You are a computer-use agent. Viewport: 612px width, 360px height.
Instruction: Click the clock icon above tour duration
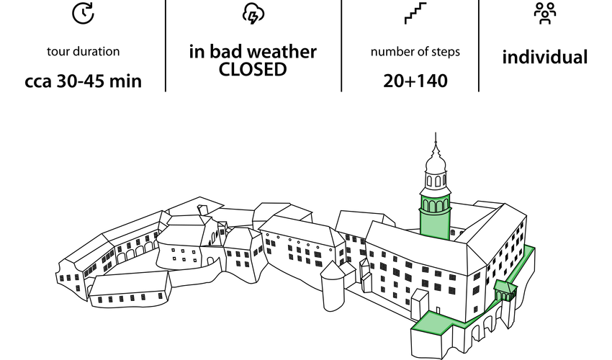(x=83, y=12)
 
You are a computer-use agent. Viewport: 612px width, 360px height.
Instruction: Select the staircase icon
(x=415, y=13)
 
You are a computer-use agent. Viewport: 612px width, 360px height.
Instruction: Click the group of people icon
(x=545, y=12)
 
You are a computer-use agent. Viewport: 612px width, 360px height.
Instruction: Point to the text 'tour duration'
(x=83, y=52)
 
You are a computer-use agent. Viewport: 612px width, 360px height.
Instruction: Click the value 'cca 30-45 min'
(x=83, y=81)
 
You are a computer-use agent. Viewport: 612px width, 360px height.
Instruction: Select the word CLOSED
(x=253, y=70)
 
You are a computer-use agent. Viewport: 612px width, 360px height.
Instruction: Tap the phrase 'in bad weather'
(x=253, y=53)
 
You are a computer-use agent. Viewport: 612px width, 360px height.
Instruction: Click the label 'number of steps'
(x=415, y=52)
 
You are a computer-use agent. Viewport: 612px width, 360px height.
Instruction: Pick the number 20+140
(x=415, y=81)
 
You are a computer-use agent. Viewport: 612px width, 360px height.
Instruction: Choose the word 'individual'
(x=545, y=58)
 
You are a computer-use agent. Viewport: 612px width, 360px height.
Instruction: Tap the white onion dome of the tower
(x=436, y=167)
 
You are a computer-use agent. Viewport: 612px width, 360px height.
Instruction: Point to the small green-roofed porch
(x=505, y=288)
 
